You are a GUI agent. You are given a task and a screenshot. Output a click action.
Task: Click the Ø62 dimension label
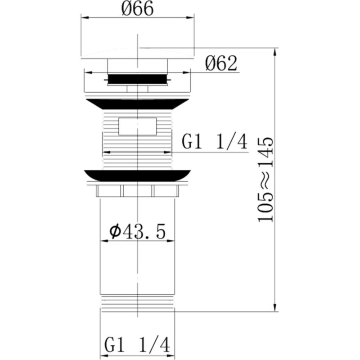coord(221,64)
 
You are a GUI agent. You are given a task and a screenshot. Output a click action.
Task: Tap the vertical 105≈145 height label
coord(266,180)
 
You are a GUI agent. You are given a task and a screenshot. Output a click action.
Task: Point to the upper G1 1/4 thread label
coord(215,142)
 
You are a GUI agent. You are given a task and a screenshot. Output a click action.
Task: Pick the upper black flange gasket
coord(137,103)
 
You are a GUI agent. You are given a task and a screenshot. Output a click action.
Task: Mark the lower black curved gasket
coord(137,175)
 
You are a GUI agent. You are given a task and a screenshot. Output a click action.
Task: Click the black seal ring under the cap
coord(137,79)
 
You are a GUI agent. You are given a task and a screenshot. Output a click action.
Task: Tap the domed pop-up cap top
coord(137,53)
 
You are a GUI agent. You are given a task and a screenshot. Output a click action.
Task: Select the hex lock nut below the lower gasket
coord(137,191)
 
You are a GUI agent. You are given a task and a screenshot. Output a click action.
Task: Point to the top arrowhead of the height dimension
coord(274,50)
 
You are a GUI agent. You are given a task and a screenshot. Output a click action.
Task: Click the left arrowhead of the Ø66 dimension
coord(83,18)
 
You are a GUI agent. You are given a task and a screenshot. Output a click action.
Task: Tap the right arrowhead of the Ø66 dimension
coord(192,18)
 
